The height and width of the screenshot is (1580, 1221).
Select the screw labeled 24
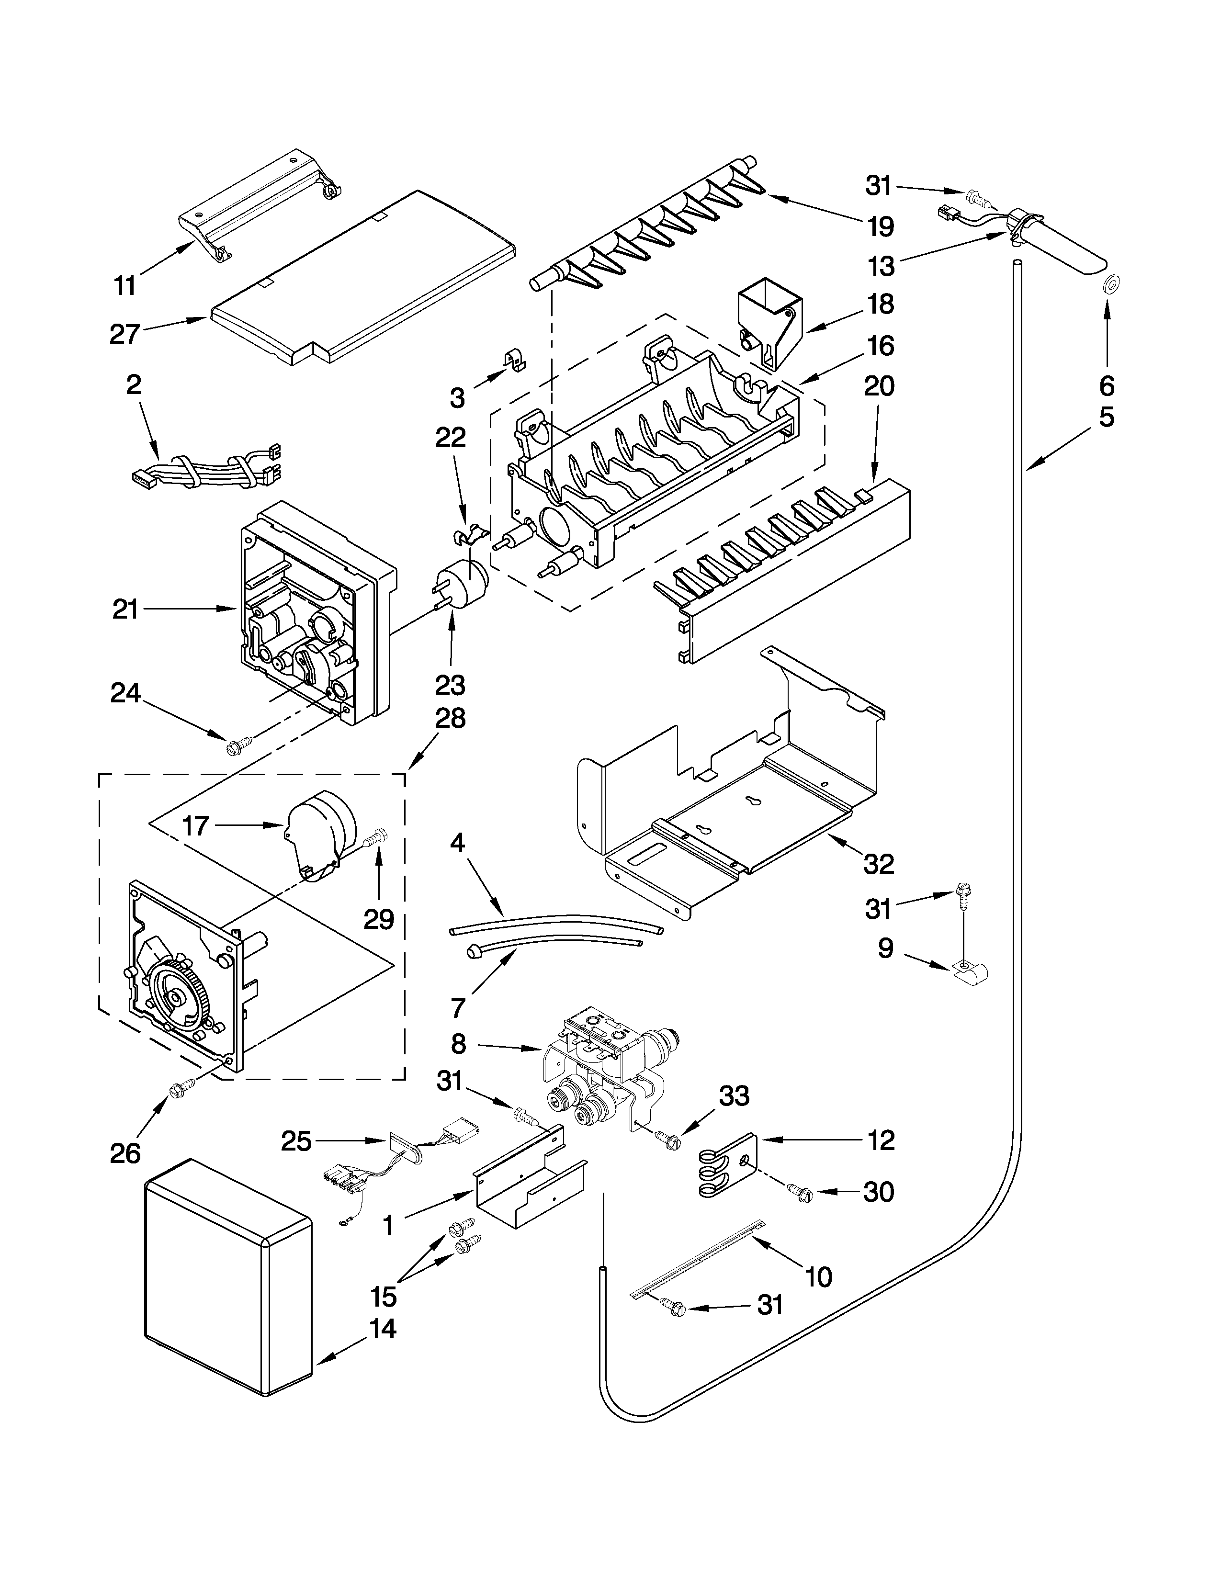(x=239, y=745)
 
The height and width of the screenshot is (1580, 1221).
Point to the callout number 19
(x=880, y=226)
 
